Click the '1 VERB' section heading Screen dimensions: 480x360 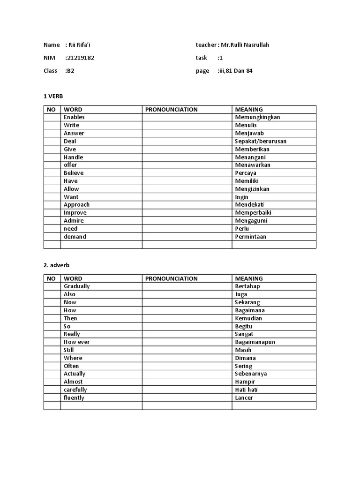[53, 96]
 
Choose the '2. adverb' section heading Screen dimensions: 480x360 [57, 265]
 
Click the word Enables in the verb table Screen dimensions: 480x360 [74, 117]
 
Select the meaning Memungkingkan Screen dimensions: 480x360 [257, 117]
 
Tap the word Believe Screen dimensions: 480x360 [74, 173]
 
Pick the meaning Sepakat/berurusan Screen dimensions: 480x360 [261, 141]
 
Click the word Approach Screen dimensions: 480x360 [76, 205]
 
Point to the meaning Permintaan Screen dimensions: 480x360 [250, 237]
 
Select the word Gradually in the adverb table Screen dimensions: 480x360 [76, 286]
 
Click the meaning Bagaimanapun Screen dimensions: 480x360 [255, 342]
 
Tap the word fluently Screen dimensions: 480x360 [74, 398]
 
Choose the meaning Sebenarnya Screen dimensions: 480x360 [252, 374]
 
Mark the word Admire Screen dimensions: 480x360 [74, 221]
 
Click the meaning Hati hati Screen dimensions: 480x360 [246, 390]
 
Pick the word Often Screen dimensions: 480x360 [71, 366]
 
